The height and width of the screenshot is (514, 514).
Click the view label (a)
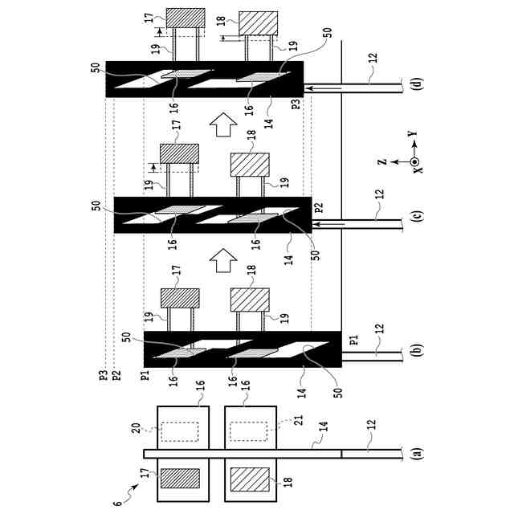pos(416,454)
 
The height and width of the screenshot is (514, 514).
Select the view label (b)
pos(416,351)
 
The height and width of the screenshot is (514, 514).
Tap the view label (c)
pos(416,218)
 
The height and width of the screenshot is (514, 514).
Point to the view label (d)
pos(416,84)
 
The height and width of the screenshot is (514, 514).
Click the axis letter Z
pos(383,161)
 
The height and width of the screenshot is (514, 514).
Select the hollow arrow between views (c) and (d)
pos(223,124)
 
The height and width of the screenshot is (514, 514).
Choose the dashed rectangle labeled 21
pos(249,432)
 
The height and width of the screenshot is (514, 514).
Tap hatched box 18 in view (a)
pos(249,479)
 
